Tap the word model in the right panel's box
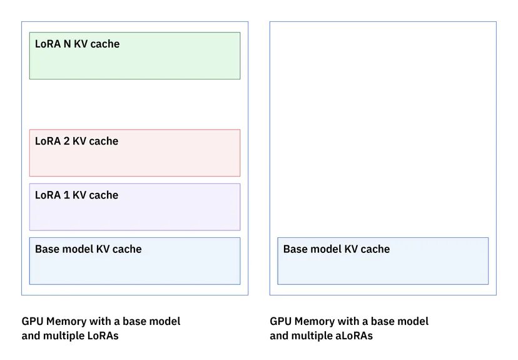click(x=323, y=249)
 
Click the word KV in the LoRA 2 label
click(x=79, y=141)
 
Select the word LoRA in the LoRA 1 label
click(x=48, y=195)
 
